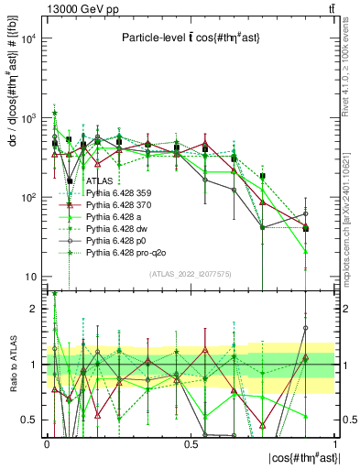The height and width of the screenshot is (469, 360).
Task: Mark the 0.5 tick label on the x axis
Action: coord(191,442)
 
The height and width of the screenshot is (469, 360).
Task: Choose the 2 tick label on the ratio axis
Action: coord(34,309)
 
